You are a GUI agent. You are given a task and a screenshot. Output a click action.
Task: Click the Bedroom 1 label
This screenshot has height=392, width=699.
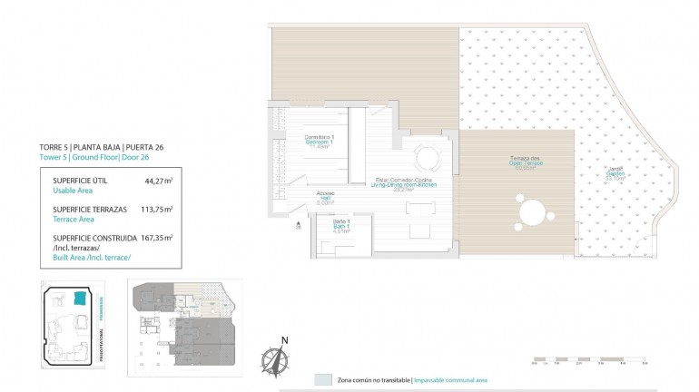point(319,141)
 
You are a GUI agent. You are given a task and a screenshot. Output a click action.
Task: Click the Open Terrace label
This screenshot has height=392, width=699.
point(527,163)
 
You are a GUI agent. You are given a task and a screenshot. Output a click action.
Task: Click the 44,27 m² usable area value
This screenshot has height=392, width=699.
point(158,181)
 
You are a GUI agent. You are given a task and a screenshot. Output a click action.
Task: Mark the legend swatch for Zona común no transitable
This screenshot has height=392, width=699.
point(322,380)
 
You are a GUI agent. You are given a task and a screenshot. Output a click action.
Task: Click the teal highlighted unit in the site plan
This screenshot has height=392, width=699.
point(79,299)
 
